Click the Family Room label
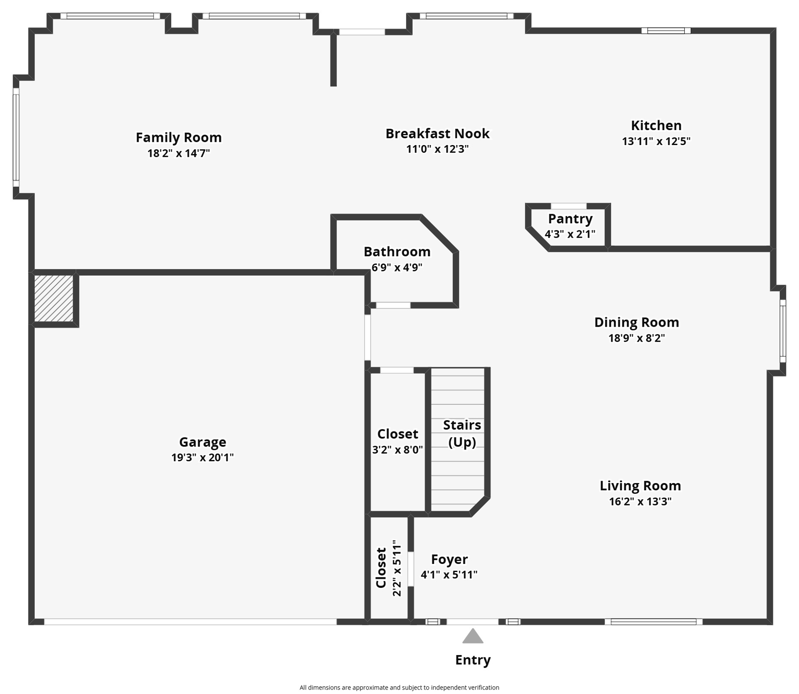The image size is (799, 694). tap(179, 137)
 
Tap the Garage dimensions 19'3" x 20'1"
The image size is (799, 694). tap(202, 457)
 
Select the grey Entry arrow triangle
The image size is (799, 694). tap(473, 637)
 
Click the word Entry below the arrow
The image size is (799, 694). tap(473, 660)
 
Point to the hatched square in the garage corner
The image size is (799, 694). tap(54, 298)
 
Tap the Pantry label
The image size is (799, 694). tap(570, 219)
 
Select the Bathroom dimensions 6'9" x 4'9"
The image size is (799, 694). tap(397, 267)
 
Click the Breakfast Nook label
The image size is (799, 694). tap(437, 134)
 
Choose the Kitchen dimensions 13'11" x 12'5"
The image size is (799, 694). tap(656, 141)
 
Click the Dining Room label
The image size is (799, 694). tap(636, 322)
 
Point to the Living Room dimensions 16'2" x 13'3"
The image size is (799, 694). tap(640, 501)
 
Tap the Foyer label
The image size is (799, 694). tap(449, 559)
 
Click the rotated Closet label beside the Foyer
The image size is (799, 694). tap(381, 567)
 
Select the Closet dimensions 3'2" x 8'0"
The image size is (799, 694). tap(397, 450)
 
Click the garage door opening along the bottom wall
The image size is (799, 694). tap(190, 622)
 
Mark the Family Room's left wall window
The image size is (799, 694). tap(16, 137)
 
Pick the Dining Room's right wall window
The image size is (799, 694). tap(783, 331)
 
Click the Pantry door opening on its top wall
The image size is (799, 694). tap(568, 206)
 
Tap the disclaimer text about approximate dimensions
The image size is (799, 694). tap(399, 687)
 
